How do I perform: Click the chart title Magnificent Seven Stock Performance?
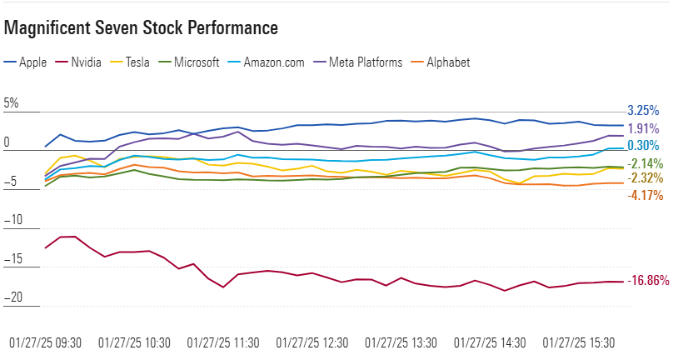pyautogui.click(x=141, y=28)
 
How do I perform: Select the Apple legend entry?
pyautogui.click(x=27, y=62)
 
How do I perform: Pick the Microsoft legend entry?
pyautogui.click(x=189, y=62)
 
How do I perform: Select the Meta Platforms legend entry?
pyautogui.click(x=358, y=62)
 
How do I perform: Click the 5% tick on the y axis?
pyautogui.click(x=11, y=104)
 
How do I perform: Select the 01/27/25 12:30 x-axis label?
pyautogui.click(x=312, y=342)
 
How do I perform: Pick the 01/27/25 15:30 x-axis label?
pyautogui.click(x=579, y=342)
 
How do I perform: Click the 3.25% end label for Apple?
pyautogui.click(x=643, y=110)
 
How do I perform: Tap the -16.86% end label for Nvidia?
pyautogui.click(x=647, y=281)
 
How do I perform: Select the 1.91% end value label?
pyautogui.click(x=643, y=129)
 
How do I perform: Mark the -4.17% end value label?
pyautogui.click(x=645, y=196)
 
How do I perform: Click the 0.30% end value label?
pyautogui.click(x=643, y=146)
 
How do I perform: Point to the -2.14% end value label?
pyautogui.click(x=645, y=163)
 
